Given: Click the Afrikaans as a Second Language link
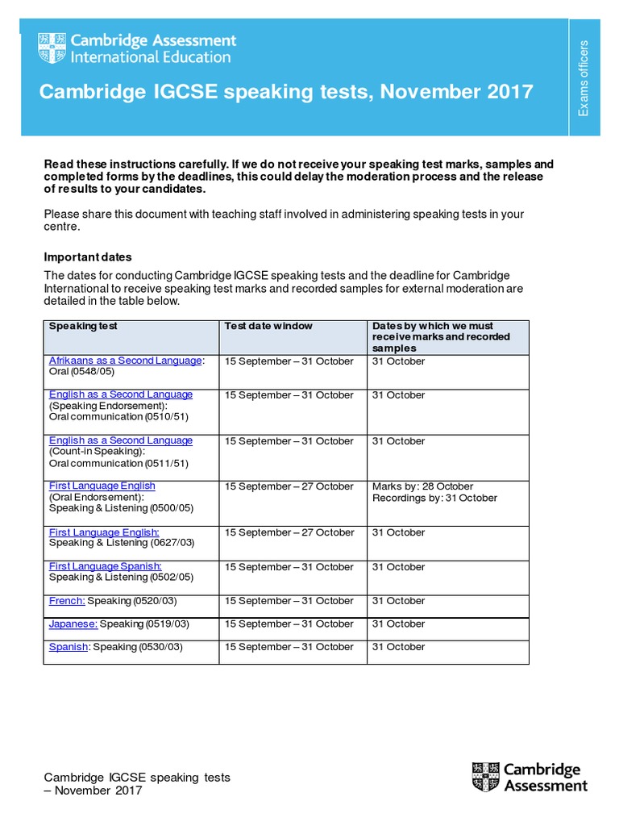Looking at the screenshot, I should click(x=125, y=361).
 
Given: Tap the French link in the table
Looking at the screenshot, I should click(x=67, y=601).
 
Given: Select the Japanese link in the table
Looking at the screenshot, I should click(x=73, y=624).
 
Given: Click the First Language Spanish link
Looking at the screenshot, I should click(x=105, y=566).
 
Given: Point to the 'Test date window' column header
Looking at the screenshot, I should click(x=268, y=326).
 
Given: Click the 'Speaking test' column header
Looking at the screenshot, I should click(x=83, y=326).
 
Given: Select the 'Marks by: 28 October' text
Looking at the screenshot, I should click(x=422, y=486).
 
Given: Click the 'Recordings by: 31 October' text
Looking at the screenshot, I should click(x=434, y=498).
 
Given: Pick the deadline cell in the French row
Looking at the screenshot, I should click(x=398, y=601).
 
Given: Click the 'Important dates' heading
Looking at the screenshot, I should click(x=87, y=257).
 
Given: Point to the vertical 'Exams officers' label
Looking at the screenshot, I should click(x=584, y=77).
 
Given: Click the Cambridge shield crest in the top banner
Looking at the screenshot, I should click(x=52, y=48).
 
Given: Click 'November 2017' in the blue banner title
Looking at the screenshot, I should click(x=457, y=92).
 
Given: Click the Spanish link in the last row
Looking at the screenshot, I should click(x=68, y=647).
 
